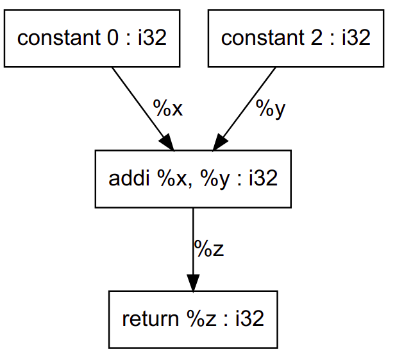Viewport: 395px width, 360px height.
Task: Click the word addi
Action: click(x=129, y=178)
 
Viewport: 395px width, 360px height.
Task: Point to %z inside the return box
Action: click(x=201, y=318)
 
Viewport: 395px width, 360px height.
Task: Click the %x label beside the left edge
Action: click(x=168, y=107)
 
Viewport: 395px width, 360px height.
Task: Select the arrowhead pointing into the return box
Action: click(x=193, y=282)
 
